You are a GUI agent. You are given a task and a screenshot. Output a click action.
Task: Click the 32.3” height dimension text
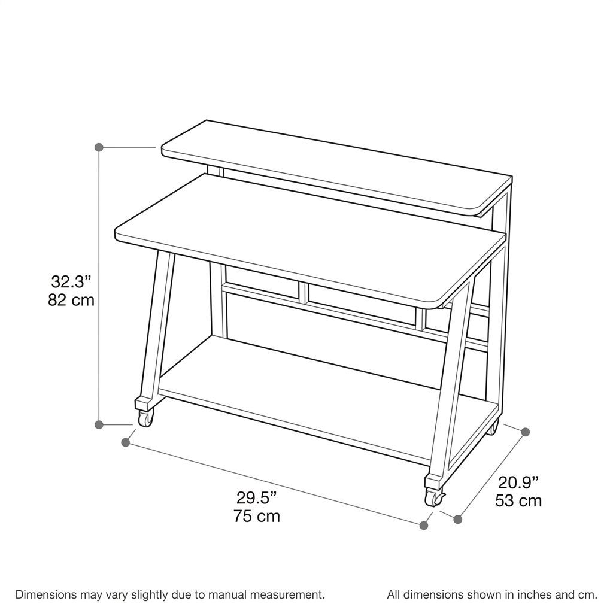point(71,281)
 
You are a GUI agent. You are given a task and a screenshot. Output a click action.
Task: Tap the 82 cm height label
point(71,300)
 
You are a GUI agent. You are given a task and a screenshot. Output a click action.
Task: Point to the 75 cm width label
point(257,516)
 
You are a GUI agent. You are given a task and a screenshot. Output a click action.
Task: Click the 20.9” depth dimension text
point(518,482)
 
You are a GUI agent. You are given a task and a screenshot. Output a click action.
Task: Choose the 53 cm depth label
point(518,501)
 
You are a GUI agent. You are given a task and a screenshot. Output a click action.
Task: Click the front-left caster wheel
point(145,418)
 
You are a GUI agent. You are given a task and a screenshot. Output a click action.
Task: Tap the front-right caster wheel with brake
point(435,497)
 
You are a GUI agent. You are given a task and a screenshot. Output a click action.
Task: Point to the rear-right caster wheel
point(493,427)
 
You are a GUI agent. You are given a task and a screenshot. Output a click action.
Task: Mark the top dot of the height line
point(99,147)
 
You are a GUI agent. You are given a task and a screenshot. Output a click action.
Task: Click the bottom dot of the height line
point(99,424)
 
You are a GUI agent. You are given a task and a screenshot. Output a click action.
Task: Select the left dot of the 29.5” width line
point(126,442)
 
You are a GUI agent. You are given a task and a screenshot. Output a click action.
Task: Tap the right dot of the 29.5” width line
point(424,526)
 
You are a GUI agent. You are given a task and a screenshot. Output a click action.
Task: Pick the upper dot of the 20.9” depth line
point(526,432)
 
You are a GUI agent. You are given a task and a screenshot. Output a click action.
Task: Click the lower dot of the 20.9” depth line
point(458,519)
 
